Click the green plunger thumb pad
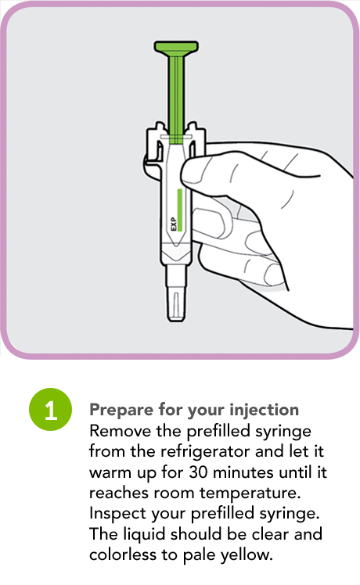pyautogui.click(x=176, y=48)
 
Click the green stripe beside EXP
pyautogui.click(x=180, y=210)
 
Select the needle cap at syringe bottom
pyautogui.click(x=176, y=295)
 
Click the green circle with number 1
pyautogui.click(x=50, y=410)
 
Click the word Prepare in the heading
pyautogui.click(x=122, y=411)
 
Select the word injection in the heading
pyautogui.click(x=264, y=410)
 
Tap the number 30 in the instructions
pyautogui.click(x=198, y=472)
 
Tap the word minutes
pyautogui.click(x=243, y=472)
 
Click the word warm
pyautogui.click(x=110, y=472)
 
